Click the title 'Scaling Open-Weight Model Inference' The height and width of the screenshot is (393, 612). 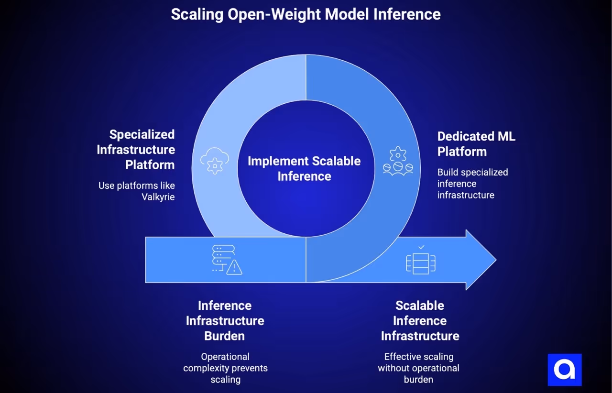click(306, 14)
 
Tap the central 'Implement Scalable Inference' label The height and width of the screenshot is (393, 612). click(304, 168)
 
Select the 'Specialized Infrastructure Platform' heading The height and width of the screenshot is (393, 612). click(136, 149)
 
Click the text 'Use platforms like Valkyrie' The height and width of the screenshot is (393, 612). click(137, 191)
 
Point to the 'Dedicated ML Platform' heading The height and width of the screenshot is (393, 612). click(476, 144)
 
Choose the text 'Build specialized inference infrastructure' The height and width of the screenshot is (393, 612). click(472, 184)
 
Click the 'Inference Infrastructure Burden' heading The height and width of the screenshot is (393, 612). click(225, 320)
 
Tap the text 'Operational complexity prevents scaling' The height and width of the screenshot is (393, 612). click(225, 368)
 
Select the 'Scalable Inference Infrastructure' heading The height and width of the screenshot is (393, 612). click(420, 320)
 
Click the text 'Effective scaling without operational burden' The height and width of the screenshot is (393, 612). click(419, 368)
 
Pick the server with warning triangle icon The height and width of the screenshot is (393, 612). click(226, 260)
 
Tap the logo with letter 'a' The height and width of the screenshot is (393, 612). click(564, 370)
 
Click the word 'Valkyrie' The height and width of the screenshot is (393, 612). click(158, 196)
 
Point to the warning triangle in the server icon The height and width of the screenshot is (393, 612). click(234, 268)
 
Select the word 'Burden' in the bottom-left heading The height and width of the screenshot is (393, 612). click(225, 336)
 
